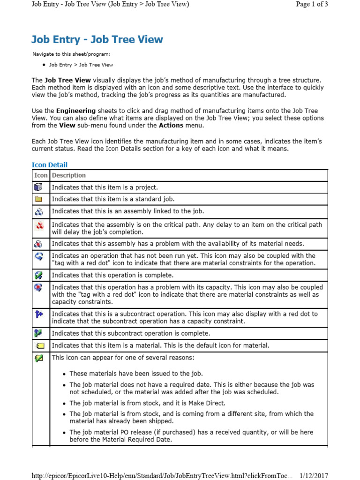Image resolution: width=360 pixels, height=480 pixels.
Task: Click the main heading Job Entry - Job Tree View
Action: tap(97, 39)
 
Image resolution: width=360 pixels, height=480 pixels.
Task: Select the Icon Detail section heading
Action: tap(49, 165)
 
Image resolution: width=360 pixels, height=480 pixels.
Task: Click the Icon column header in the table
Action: tap(41, 175)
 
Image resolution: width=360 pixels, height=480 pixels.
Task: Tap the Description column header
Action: tap(69, 175)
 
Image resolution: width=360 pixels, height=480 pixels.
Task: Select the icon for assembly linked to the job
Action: tap(39, 211)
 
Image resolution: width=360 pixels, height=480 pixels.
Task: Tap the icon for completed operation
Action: tap(39, 275)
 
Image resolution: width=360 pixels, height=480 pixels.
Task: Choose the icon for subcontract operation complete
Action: tap(39, 333)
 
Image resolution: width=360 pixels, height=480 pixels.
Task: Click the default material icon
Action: tap(40, 346)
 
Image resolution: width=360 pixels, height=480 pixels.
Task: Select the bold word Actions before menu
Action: tap(171, 126)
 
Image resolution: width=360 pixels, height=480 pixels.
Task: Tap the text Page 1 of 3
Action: tap(312, 4)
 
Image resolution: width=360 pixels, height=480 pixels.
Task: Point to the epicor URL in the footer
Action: tap(162, 476)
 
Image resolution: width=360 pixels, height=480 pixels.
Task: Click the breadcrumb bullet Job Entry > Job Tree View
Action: tap(81, 65)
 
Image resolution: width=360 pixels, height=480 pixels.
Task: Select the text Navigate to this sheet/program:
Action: tap(71, 54)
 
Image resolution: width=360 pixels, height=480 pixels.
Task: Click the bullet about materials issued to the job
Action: tap(136, 374)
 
